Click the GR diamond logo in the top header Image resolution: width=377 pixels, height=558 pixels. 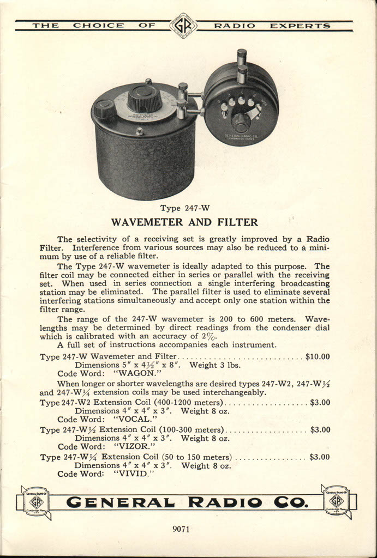[183, 26]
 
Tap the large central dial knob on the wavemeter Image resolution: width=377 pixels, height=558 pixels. [145, 99]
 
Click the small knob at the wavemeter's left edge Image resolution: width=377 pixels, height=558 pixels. [104, 108]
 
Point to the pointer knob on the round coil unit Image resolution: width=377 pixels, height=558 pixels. [241, 121]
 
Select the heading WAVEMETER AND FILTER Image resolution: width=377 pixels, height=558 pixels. [184, 222]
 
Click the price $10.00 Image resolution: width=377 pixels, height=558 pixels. [318, 356]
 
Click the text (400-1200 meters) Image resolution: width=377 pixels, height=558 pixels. [185, 402]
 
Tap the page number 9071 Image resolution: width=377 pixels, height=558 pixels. [181, 528]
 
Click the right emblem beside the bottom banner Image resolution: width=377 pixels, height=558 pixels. [336, 500]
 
